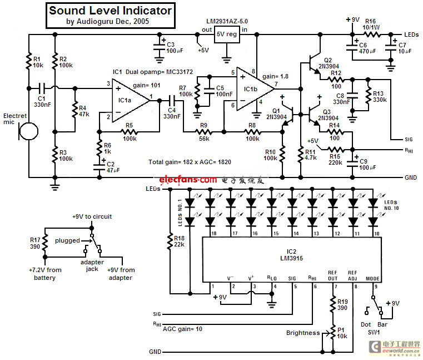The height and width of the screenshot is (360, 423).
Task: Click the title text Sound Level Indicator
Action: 110,11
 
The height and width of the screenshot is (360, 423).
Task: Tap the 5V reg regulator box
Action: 227,34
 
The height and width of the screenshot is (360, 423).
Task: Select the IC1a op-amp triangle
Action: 131,101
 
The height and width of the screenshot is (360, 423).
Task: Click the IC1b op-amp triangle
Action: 256,89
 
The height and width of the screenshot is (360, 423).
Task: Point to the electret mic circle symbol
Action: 29,131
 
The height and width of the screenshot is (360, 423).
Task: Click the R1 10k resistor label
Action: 38,62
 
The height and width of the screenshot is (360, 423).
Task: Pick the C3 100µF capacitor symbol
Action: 159,47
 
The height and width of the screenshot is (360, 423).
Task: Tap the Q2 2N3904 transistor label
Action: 329,63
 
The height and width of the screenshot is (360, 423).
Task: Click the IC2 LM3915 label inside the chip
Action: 291,255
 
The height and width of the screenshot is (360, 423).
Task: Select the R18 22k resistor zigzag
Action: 170,241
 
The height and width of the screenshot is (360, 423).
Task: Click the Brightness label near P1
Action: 303,333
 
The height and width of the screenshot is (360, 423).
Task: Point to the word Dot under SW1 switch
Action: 366,324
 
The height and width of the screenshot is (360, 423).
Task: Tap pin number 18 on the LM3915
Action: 214,233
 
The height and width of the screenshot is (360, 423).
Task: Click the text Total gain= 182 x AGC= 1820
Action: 190,162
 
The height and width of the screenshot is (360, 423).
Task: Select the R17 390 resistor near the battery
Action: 45,242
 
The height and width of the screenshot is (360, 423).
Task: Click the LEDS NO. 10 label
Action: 391,205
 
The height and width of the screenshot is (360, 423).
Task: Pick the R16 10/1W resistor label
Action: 371,24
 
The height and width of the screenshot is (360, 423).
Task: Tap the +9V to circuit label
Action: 92,216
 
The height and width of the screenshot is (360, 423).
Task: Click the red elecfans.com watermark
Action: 188,180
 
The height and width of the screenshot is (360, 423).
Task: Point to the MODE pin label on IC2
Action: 372,278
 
